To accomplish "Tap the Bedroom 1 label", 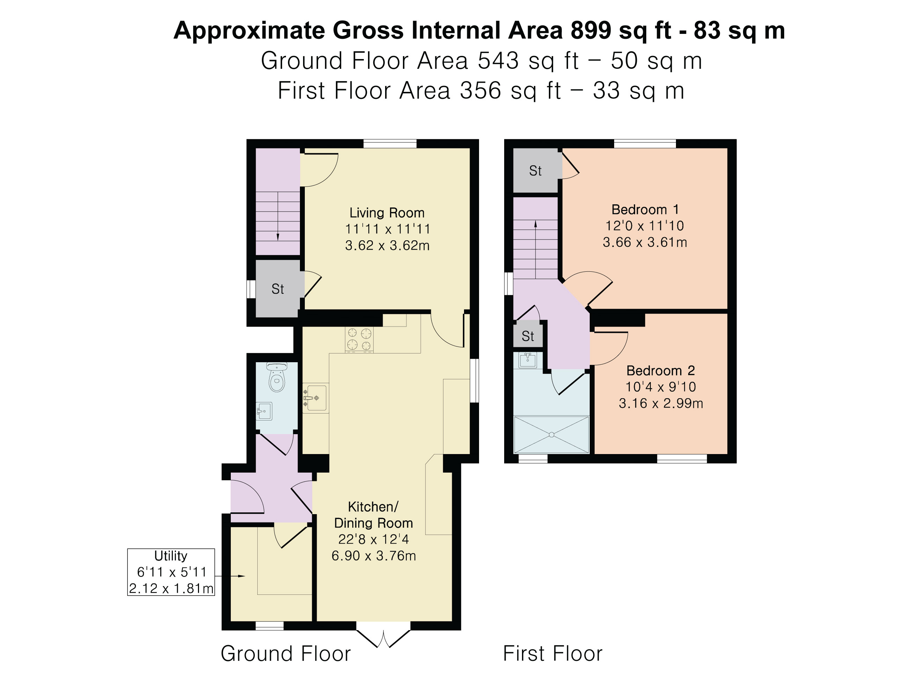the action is [645, 210].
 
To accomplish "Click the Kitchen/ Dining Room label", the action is [373, 515].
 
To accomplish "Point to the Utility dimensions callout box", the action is [171, 572].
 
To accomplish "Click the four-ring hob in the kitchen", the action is [359, 339].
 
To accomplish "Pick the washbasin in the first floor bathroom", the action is [528, 360].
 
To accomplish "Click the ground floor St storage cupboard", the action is [278, 289].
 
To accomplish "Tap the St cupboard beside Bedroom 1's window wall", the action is [536, 170].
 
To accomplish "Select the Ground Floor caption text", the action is [286, 654].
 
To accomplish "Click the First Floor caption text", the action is [553, 654].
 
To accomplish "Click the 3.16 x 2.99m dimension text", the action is [660, 403].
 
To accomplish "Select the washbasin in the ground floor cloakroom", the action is [264, 411].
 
